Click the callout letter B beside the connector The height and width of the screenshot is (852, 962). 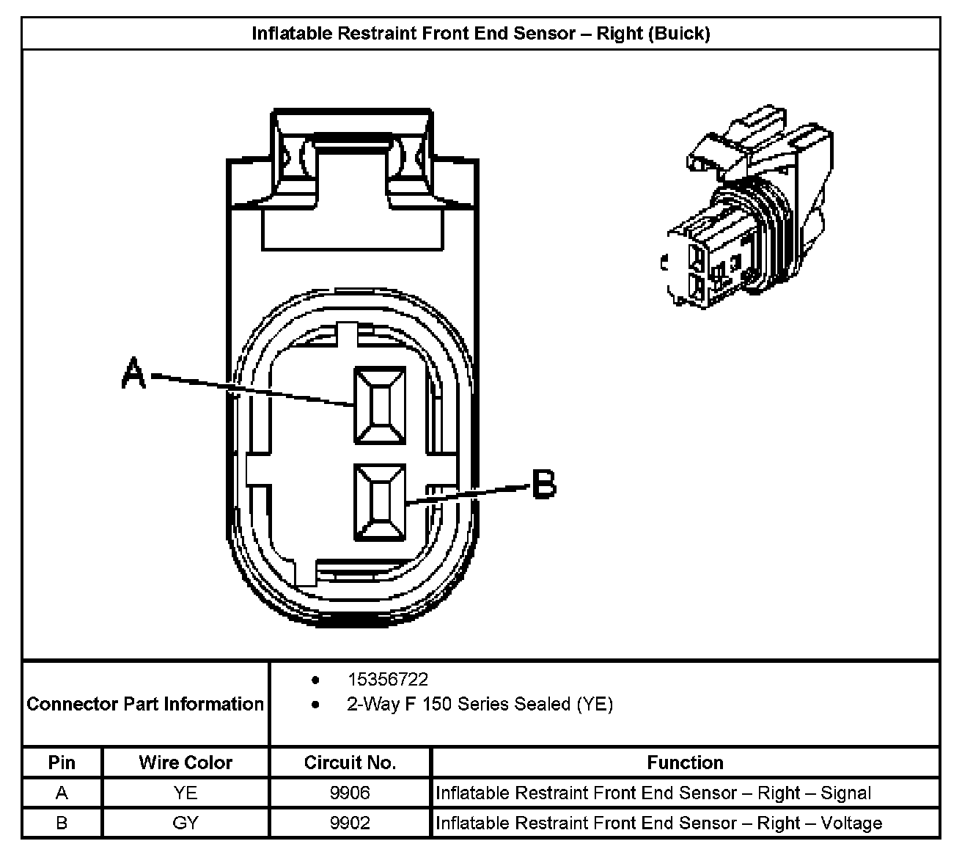click(x=543, y=485)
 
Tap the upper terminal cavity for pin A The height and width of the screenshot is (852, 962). click(x=380, y=405)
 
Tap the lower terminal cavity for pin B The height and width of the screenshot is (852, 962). click(x=379, y=502)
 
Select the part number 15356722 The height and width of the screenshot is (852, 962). click(x=387, y=680)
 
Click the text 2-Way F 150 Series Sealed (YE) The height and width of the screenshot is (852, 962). click(x=480, y=705)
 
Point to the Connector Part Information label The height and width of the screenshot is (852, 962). click(x=145, y=704)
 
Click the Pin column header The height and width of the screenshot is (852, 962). click(x=62, y=763)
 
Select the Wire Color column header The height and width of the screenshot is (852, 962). click(x=186, y=763)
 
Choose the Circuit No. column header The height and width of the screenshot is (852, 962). click(x=350, y=763)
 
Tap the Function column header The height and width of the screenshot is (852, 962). click(x=685, y=763)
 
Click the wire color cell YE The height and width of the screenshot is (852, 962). click(x=186, y=793)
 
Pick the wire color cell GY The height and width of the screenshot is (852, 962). click(x=186, y=823)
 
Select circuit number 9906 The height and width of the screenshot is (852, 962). click(x=350, y=793)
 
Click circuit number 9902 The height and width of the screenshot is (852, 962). click(x=350, y=823)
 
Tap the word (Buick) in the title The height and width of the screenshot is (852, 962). click(x=679, y=34)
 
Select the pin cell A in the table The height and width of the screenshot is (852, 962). click(x=62, y=793)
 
